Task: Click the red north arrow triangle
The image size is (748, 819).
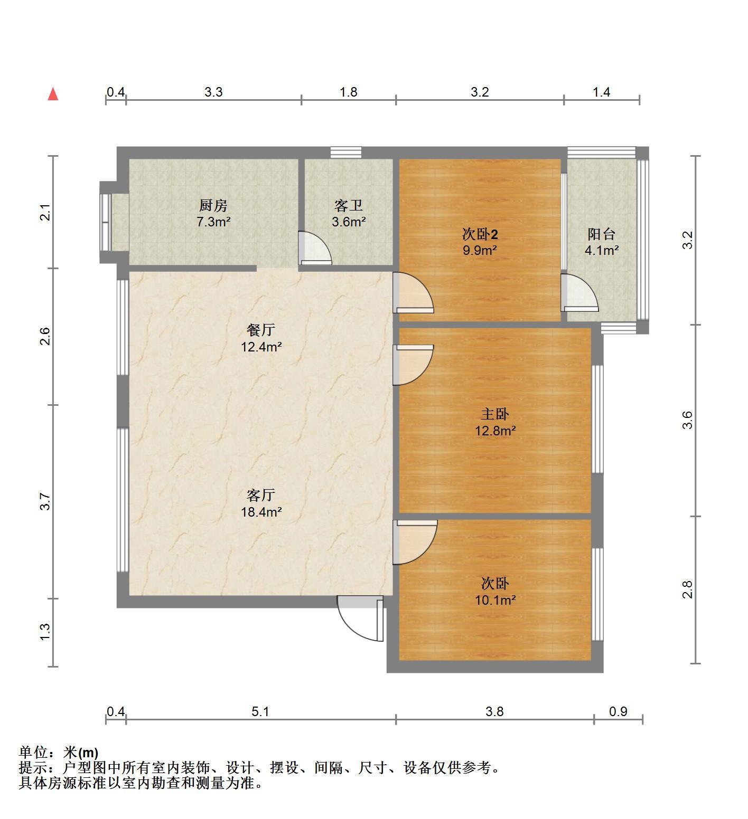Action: (53, 94)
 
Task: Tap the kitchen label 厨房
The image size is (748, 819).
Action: (213, 205)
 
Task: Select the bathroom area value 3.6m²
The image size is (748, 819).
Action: (349, 222)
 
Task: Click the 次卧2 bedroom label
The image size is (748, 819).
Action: (480, 234)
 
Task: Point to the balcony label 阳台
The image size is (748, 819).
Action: (602, 234)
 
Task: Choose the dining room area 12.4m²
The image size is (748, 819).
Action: (261, 347)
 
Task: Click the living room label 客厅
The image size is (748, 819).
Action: (261, 495)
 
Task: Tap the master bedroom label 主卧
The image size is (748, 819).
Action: (495, 414)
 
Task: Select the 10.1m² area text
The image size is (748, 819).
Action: (495, 600)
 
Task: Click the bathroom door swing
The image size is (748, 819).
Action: (315, 247)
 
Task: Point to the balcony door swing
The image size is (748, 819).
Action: (579, 291)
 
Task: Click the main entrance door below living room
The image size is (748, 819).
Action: (360, 618)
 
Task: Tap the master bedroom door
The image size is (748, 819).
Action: (413, 365)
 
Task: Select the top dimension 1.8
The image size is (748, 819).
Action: (348, 92)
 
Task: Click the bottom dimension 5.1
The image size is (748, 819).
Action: (260, 711)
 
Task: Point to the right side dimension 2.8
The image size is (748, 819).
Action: (687, 589)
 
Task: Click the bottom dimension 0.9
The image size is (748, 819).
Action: (618, 711)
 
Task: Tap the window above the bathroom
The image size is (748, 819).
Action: (346, 153)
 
